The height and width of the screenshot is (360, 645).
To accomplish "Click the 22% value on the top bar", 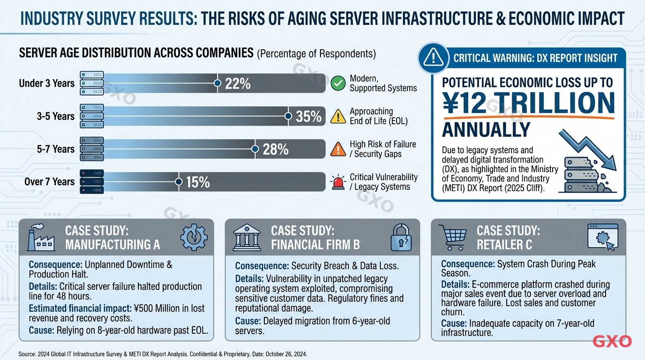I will (x=238, y=84).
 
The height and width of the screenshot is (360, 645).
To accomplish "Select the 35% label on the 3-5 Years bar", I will (x=308, y=117).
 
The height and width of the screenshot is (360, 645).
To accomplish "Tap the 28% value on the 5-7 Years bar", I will (x=275, y=150).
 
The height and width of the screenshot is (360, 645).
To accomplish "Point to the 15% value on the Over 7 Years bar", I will (x=198, y=182).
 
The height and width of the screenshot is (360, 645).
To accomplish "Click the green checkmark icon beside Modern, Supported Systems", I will (x=337, y=84).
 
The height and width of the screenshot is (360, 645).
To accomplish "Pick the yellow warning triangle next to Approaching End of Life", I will (x=337, y=117).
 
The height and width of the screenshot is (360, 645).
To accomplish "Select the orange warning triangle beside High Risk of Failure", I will (x=337, y=150).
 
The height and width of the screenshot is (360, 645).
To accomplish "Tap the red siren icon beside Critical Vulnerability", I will (x=337, y=182).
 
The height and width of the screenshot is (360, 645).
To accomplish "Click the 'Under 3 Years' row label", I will (x=46, y=83).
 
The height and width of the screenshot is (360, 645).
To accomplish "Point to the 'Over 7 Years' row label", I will (x=49, y=182).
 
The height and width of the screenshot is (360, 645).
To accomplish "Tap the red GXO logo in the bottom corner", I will (x=612, y=341).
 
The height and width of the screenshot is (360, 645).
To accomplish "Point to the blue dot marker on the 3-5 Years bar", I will (x=288, y=116).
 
